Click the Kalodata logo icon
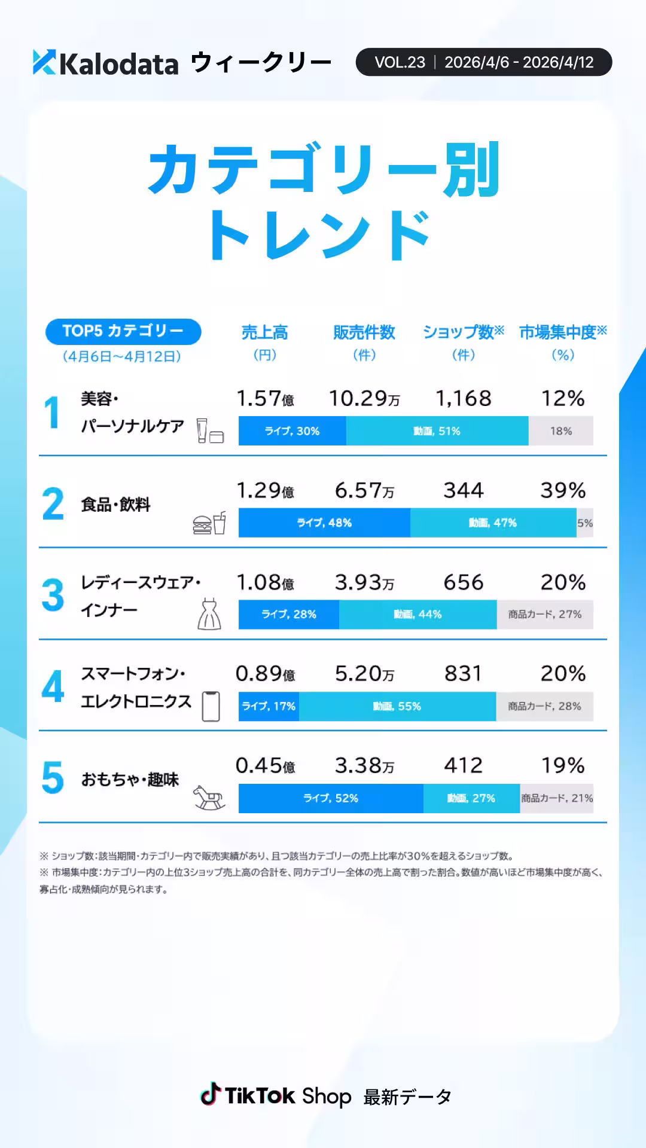tap(44, 62)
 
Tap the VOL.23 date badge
tap(483, 62)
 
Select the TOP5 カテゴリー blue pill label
tap(123, 331)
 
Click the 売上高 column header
tap(264, 332)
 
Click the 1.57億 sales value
tap(265, 399)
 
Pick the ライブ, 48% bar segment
tap(324, 523)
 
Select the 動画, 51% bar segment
tap(437, 431)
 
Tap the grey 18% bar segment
tap(560, 431)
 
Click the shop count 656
tap(463, 582)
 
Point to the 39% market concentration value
tap(562, 490)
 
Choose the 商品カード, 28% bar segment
tap(544, 706)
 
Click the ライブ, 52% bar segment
tap(331, 798)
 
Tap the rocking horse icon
tap(209, 798)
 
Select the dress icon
tap(209, 614)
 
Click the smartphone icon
tap(211, 706)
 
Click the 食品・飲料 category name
tap(115, 505)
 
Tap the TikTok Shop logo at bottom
tap(276, 1096)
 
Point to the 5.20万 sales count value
tap(364, 674)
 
